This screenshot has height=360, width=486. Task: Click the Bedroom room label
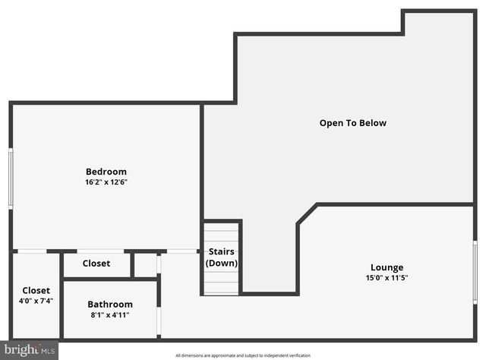(106, 172)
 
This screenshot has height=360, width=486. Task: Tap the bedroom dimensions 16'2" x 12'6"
(106, 182)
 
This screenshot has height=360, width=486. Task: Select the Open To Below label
(353, 123)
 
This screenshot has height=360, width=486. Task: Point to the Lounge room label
(387, 267)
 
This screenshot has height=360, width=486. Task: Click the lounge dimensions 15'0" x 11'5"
(387, 278)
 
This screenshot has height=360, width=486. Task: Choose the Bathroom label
(110, 305)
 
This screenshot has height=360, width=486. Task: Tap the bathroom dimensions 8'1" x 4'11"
(110, 315)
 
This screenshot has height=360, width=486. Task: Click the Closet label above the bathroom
(96, 264)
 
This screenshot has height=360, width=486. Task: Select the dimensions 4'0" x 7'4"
(36, 302)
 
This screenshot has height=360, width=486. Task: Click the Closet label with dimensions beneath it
(36, 291)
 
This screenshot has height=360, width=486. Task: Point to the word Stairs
(222, 252)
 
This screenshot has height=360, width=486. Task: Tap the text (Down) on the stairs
(222, 264)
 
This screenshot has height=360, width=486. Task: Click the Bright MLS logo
(30, 350)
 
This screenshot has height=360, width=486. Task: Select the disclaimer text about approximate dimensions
(243, 355)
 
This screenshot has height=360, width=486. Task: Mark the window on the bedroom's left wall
(11, 177)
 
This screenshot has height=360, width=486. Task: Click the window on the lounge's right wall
(475, 272)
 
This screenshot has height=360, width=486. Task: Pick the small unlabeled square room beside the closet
(145, 265)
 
